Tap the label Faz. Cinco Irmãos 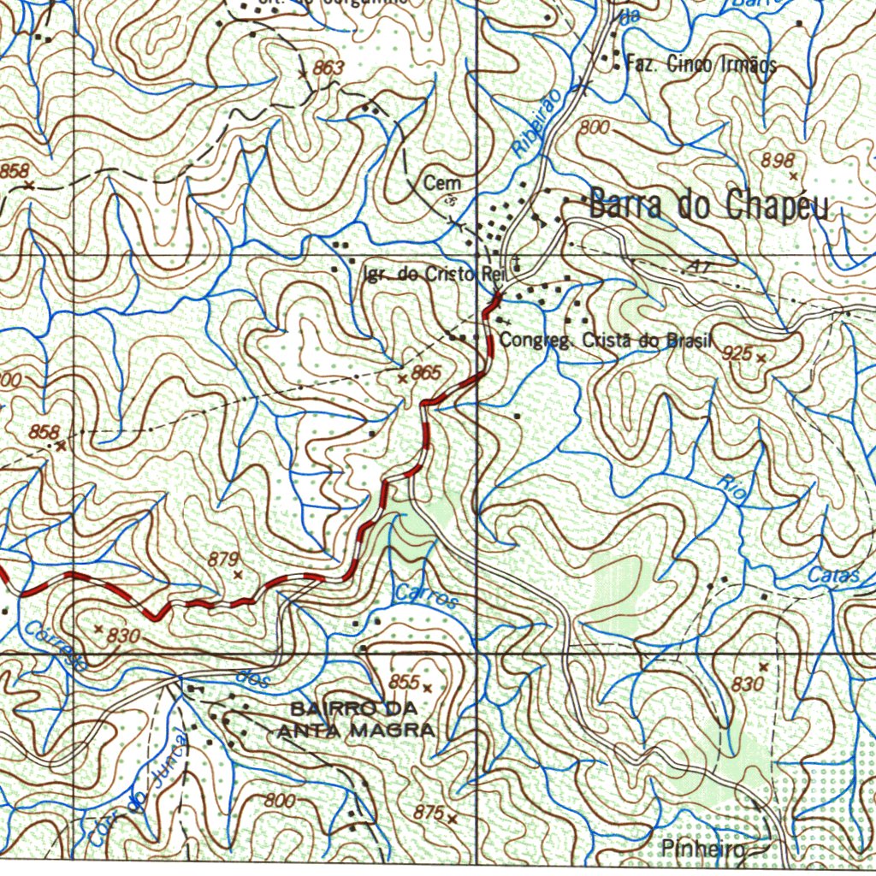pyautogui.click(x=701, y=63)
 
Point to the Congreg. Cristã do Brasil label pyautogui.click(x=606, y=340)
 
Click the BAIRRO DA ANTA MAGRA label pyautogui.click(x=355, y=719)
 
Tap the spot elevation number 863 pyautogui.click(x=328, y=68)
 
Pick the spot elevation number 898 pyautogui.click(x=778, y=160)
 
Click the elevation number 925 pyautogui.click(x=737, y=352)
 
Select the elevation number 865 pyautogui.click(x=426, y=372)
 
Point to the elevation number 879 pyautogui.click(x=222, y=559)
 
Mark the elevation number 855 pyautogui.click(x=403, y=682)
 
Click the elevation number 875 pyautogui.click(x=428, y=814)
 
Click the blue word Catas pyautogui.click(x=833, y=577)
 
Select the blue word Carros pyautogui.click(x=427, y=596)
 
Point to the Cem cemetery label pyautogui.click(x=442, y=183)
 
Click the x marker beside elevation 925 pyautogui.click(x=761, y=358)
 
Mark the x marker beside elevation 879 pyautogui.click(x=238, y=574)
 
